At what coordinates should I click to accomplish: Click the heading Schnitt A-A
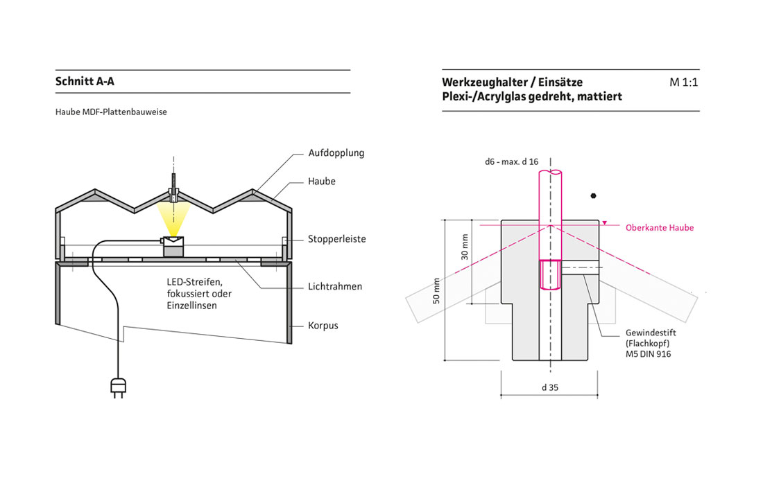tap(85, 82)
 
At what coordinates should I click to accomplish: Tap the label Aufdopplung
tap(336, 152)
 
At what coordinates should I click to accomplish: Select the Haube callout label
tap(322, 182)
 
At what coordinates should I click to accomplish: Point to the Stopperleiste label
tap(336, 239)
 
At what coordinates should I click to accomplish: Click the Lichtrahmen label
tap(335, 286)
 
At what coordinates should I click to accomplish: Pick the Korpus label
tap(323, 325)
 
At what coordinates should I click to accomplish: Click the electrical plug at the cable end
tap(117, 389)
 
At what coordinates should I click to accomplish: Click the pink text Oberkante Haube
tap(659, 227)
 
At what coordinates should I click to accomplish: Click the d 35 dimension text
tap(549, 387)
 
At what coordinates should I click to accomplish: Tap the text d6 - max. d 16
tap(512, 161)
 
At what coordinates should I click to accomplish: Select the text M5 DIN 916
tap(648, 354)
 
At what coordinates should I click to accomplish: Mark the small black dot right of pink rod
tap(594, 195)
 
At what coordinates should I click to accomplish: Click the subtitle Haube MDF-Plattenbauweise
tap(111, 111)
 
